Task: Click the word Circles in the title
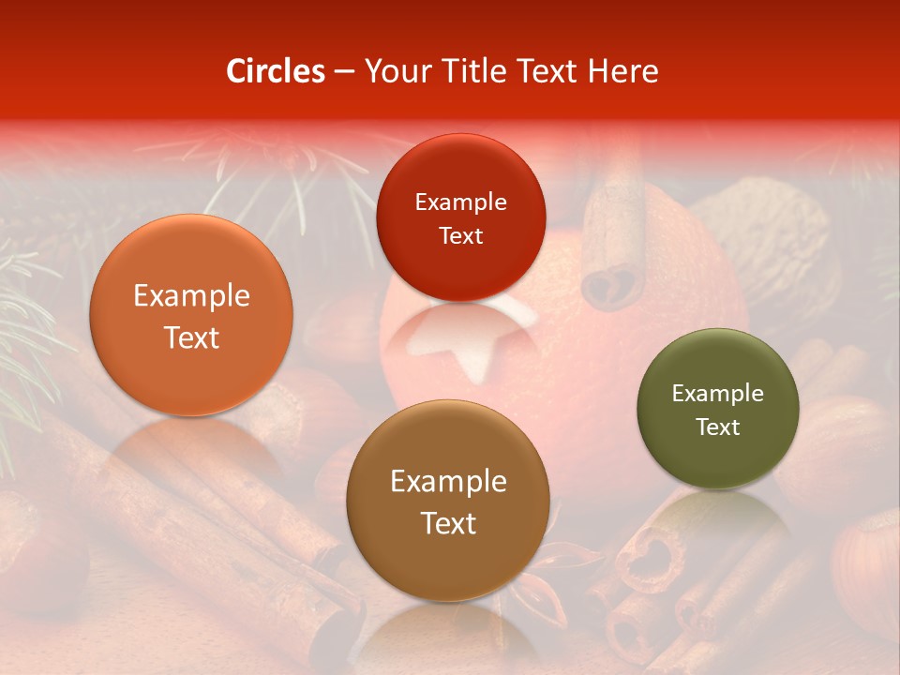pos(275,71)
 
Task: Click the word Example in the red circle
pos(460,202)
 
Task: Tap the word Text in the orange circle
pos(191,337)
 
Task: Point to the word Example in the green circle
pos(718,394)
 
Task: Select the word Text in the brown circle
pos(448,523)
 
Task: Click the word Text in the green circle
pos(718,427)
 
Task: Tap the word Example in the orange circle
pos(191,296)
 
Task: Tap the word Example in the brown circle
pos(448,482)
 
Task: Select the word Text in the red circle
pos(460,236)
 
